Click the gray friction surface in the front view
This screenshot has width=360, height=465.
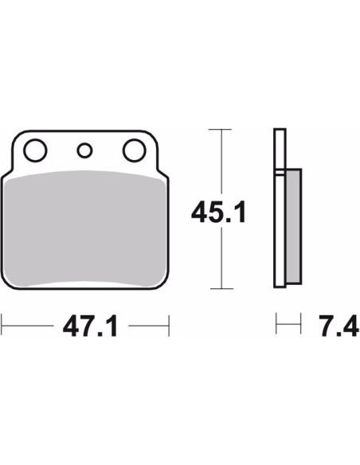tap(84, 229)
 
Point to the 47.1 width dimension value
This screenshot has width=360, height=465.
tap(90, 326)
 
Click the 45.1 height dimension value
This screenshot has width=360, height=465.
tap(219, 213)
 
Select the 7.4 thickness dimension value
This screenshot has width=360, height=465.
tap(339, 326)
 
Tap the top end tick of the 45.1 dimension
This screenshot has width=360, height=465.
tap(220, 130)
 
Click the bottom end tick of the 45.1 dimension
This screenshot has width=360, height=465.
tap(221, 288)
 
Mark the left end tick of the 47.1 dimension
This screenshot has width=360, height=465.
tap(2, 326)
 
